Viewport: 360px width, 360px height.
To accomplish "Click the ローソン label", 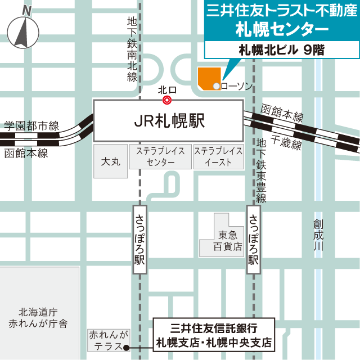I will tap(237, 86).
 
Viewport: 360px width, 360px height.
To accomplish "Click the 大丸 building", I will tap(111, 162).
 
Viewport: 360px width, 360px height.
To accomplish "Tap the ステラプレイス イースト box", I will tap(218, 157).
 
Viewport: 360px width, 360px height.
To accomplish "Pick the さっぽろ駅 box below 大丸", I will tap(140, 240).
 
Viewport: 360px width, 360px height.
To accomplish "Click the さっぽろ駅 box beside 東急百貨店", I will tap(254, 240).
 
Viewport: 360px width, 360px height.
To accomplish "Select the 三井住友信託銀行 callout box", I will tap(214, 334).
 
